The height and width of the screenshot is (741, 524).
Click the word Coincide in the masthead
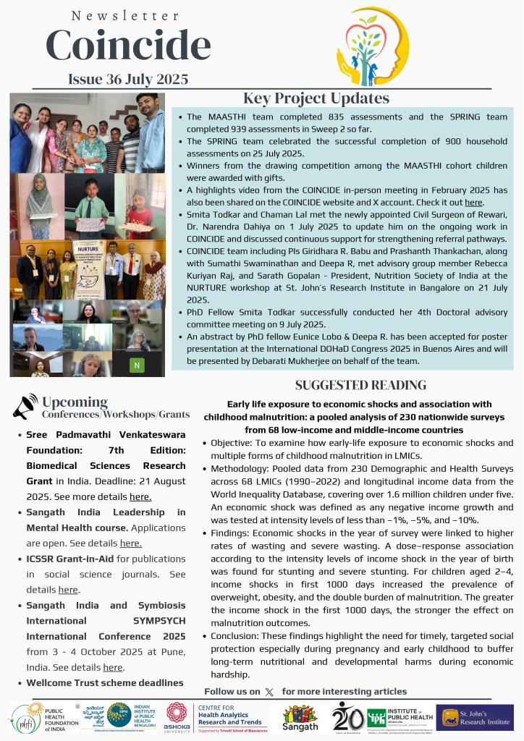click(128, 45)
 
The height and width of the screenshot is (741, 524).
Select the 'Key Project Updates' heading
click(316, 98)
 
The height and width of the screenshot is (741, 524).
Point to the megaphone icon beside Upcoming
click(25, 407)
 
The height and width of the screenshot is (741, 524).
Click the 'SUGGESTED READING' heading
click(360, 386)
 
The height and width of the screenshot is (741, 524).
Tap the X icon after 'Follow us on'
click(270, 692)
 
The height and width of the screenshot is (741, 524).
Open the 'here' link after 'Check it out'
click(473, 203)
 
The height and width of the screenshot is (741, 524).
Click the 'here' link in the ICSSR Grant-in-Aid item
click(68, 590)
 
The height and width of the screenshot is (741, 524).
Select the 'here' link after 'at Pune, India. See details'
click(113, 667)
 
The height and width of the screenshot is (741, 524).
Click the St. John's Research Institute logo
click(474, 717)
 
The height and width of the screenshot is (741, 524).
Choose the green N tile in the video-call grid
click(136, 365)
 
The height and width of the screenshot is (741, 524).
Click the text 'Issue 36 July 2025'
click(128, 80)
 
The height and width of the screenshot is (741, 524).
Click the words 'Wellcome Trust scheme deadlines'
click(105, 682)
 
